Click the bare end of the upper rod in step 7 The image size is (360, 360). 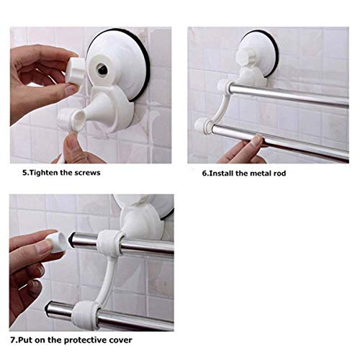coord(80,242)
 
